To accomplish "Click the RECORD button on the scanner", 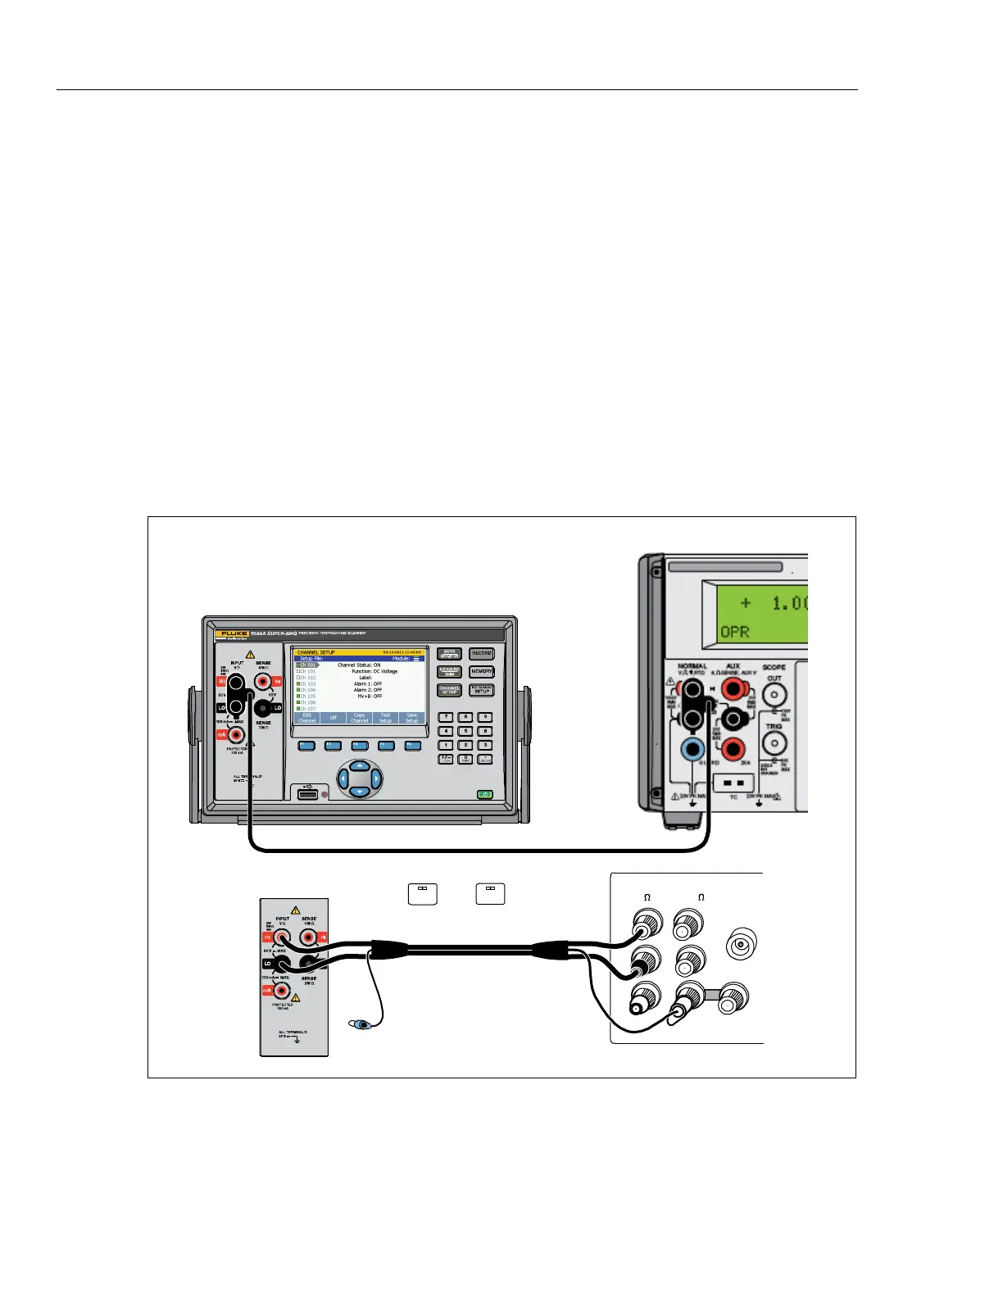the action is (482, 654).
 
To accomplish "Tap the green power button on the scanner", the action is (486, 794).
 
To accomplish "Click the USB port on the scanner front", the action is (307, 794).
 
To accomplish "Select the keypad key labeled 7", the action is (447, 717).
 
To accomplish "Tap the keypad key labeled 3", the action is (485, 745).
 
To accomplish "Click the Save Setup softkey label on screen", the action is (412, 718).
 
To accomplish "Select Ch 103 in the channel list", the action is (306, 683).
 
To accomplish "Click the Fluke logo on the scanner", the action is (231, 633).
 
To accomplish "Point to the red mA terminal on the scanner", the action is (237, 734).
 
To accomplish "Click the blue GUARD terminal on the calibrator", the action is (693, 748).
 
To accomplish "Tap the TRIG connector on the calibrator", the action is (774, 743).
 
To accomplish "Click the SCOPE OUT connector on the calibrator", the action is (774, 695).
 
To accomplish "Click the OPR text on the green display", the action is (734, 632).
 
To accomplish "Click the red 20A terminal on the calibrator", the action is (733, 748).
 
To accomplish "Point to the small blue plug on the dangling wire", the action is (359, 1023).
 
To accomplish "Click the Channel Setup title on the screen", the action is (315, 652).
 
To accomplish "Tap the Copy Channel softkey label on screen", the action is (360, 718).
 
